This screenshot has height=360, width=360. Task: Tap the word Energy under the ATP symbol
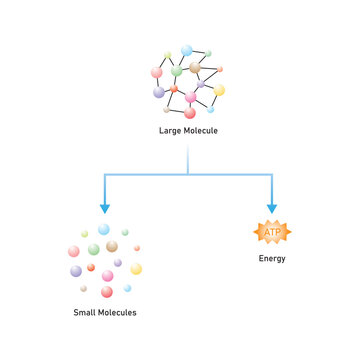(271, 259)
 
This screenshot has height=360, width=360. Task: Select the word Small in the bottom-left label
(86, 313)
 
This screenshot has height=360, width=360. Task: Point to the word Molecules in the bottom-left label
(118, 313)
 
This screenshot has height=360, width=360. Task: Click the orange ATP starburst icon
(271, 232)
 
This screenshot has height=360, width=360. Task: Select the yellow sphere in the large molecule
(219, 90)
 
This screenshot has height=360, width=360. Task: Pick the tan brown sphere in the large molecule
(196, 68)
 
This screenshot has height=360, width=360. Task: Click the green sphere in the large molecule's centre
(177, 71)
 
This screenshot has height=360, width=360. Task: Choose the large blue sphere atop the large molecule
(187, 50)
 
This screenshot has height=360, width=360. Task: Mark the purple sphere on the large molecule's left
(159, 92)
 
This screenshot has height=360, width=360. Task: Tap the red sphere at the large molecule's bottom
(190, 112)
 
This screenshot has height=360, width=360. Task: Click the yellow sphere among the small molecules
(136, 268)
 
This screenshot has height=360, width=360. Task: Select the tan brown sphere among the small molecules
(112, 246)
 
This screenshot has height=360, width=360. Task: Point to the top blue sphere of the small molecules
(103, 229)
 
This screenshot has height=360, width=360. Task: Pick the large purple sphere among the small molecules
(76, 271)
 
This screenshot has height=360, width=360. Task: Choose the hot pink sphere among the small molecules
(107, 276)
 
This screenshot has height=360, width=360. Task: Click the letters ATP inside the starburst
(271, 232)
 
